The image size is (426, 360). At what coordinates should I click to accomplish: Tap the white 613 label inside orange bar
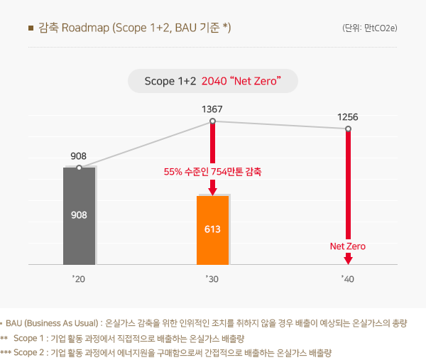click(212, 230)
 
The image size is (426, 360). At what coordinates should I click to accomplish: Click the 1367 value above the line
click(212, 109)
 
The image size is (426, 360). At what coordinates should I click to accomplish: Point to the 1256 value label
click(348, 116)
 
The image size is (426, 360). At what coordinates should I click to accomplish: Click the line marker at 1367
click(212, 121)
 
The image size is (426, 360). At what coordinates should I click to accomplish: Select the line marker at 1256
click(348, 129)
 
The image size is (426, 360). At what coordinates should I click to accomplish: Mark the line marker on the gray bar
click(79, 168)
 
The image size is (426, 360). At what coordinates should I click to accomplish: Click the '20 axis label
click(78, 280)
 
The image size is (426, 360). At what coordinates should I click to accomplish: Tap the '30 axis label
click(212, 280)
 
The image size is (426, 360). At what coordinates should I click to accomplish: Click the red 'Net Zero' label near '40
click(347, 246)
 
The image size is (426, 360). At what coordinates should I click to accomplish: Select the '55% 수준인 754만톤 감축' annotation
click(212, 172)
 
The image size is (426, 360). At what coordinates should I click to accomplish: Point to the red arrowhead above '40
click(347, 261)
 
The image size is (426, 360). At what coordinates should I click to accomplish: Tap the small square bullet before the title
click(31, 28)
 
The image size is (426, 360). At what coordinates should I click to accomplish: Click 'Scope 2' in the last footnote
click(30, 352)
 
